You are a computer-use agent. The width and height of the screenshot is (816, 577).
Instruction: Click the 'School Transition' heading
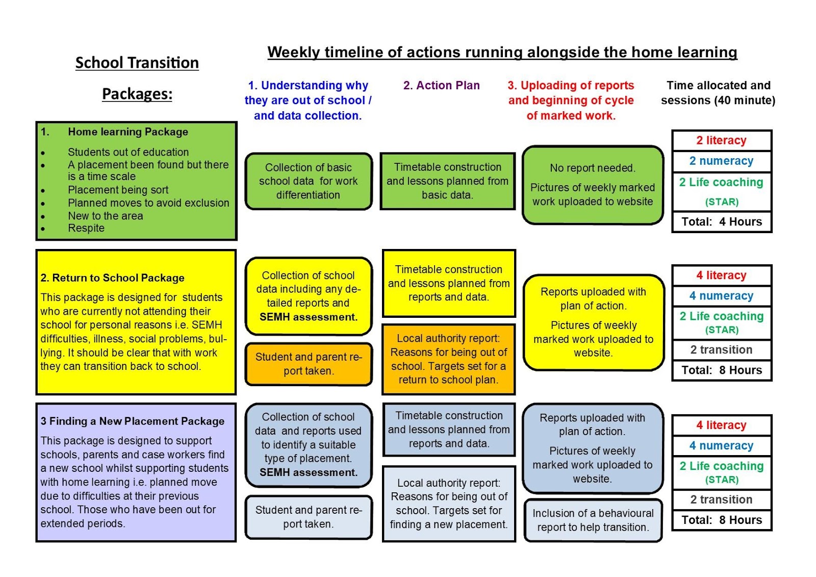pyautogui.click(x=137, y=63)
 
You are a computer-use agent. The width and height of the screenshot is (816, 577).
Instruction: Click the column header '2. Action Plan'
pyautogui.click(x=441, y=85)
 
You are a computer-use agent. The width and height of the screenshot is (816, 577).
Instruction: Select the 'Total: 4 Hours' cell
pyautogui.click(x=722, y=222)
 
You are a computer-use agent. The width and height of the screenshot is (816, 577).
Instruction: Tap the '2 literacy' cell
pyautogui.click(x=722, y=140)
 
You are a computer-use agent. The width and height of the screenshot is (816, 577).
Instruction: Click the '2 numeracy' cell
pyautogui.click(x=722, y=161)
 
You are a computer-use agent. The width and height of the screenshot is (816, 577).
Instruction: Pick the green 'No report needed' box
pyautogui.click(x=593, y=185)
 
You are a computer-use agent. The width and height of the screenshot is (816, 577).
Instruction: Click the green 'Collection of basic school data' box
pyautogui.click(x=308, y=181)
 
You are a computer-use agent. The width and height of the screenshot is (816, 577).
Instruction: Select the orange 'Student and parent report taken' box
pyautogui.click(x=308, y=364)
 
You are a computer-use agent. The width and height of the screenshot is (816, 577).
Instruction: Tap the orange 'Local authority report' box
pyautogui.click(x=448, y=359)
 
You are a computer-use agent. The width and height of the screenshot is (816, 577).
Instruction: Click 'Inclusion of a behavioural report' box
pyautogui.click(x=593, y=520)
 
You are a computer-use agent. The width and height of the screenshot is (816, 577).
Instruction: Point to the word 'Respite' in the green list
pyautogui.click(x=86, y=228)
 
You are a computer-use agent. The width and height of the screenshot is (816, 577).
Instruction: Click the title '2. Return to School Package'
pyautogui.click(x=112, y=278)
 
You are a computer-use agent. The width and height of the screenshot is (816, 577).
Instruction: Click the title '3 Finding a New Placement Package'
pyautogui.click(x=133, y=421)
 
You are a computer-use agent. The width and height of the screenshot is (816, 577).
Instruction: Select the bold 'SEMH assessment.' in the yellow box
pyautogui.click(x=308, y=317)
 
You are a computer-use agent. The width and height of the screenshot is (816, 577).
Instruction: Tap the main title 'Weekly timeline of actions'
pyautogui.click(x=502, y=52)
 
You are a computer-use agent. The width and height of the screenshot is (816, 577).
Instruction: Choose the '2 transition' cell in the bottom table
pyautogui.click(x=722, y=499)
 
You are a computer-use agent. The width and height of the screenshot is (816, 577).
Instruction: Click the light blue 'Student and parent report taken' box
pyautogui.click(x=308, y=517)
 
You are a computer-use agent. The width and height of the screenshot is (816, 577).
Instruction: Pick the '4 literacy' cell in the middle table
pyautogui.click(x=722, y=275)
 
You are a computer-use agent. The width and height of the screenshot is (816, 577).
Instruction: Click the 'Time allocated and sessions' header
pyautogui.click(x=718, y=92)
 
